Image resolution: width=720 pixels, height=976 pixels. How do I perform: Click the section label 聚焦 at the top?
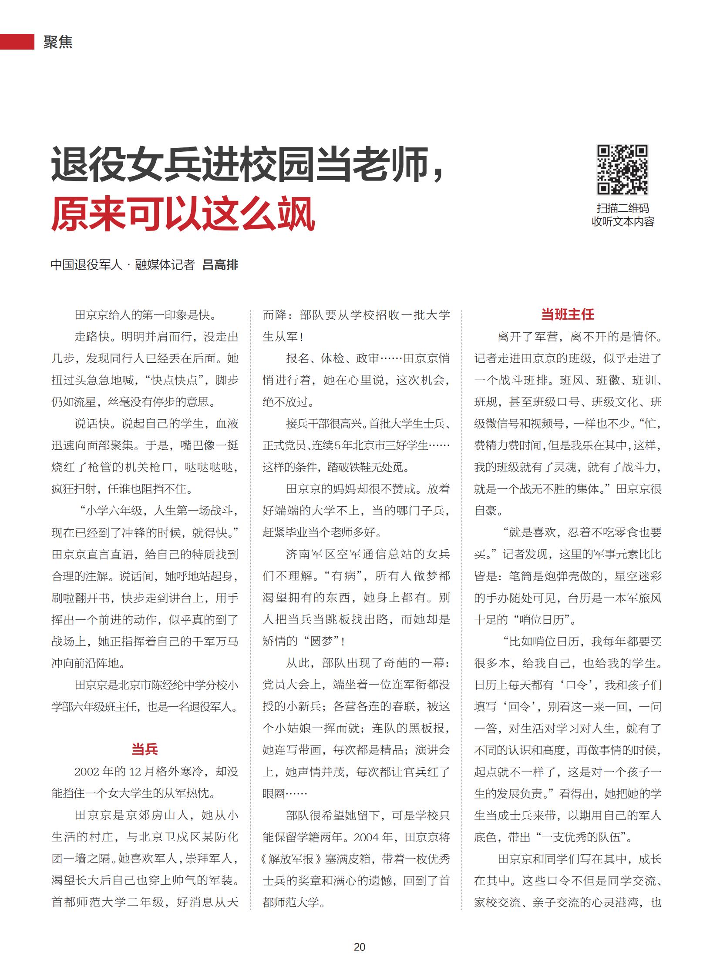tap(57, 42)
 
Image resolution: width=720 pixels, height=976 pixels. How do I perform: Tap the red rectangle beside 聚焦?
tap(17, 42)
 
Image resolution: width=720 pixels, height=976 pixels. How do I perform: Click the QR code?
tap(622, 170)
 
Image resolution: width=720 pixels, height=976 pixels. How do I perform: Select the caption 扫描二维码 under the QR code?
tap(622, 208)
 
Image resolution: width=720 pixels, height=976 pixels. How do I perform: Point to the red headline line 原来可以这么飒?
tap(183, 214)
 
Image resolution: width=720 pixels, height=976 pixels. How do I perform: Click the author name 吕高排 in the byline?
tap(221, 264)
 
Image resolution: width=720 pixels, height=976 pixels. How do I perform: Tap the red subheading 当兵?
tap(145, 749)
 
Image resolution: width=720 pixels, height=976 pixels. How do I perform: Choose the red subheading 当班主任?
tap(568, 314)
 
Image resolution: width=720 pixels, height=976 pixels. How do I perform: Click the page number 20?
tap(360, 947)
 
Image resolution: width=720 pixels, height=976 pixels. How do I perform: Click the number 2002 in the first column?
tap(87, 772)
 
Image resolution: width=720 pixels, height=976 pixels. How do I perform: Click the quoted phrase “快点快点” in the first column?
tap(174, 380)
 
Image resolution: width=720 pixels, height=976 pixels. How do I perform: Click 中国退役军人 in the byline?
tap(86, 264)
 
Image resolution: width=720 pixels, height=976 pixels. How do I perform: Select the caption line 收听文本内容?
tap(622, 222)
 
